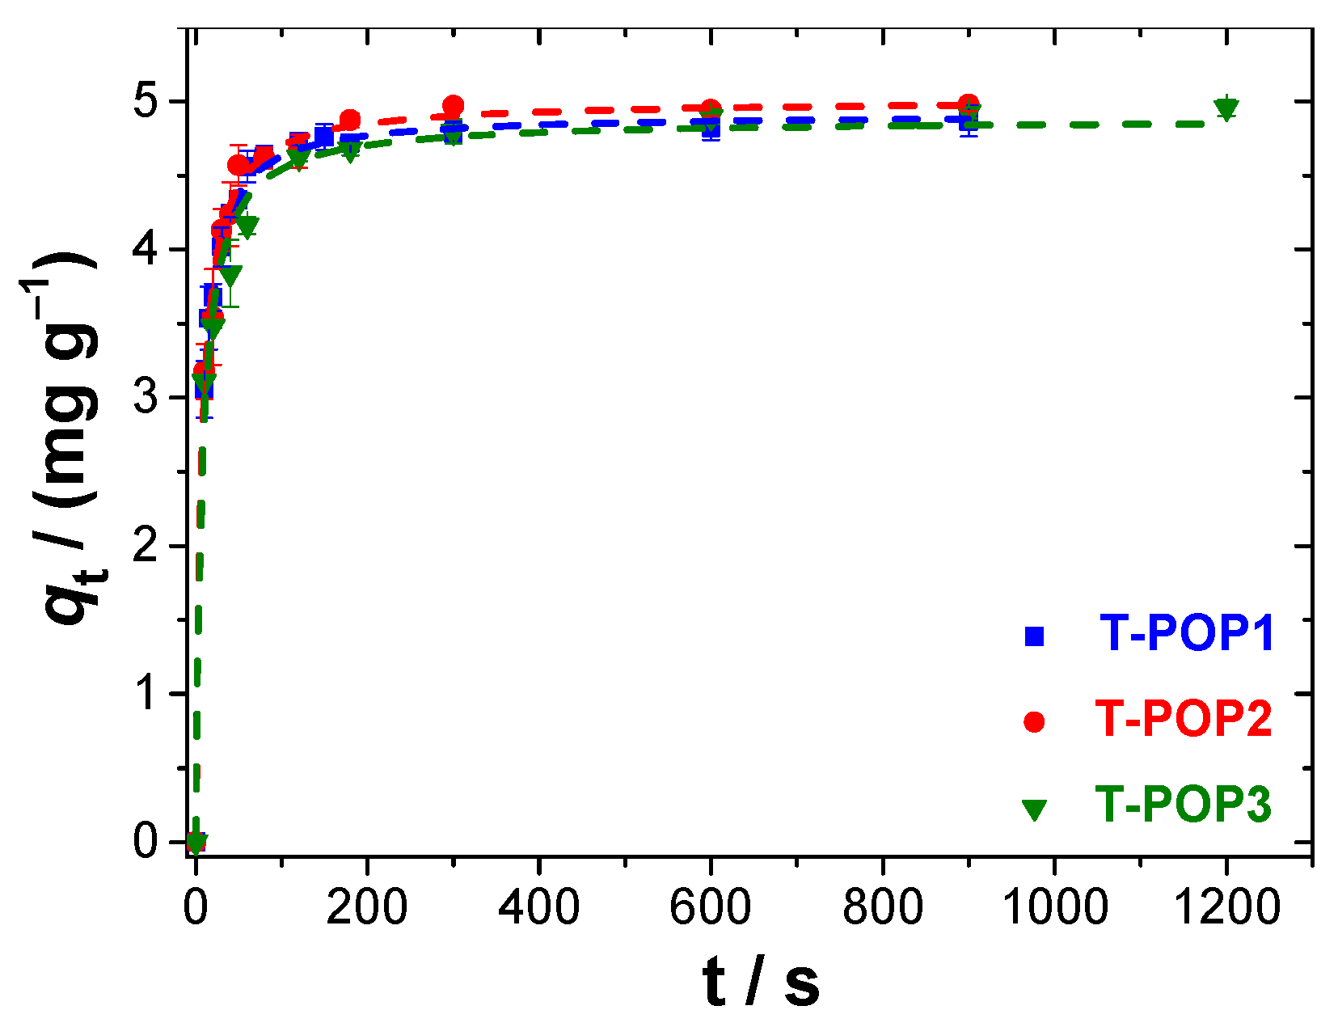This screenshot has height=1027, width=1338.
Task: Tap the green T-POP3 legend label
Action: click(1184, 805)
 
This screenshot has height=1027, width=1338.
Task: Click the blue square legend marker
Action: click(1034, 636)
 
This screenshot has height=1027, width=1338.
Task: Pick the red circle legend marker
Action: click(1034, 721)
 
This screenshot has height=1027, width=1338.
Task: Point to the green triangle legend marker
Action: click(1034, 809)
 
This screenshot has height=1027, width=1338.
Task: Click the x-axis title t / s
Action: click(761, 983)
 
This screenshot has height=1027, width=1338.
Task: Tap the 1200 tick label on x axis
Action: click(1226, 907)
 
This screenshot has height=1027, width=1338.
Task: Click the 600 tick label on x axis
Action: click(711, 907)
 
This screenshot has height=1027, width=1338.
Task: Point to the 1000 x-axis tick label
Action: click(1054, 907)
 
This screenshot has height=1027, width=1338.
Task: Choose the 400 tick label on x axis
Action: click(538, 907)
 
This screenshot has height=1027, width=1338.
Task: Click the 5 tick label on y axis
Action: click(146, 102)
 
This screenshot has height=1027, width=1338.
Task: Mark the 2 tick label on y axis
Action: click(146, 546)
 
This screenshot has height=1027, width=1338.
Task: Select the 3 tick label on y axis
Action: click(146, 398)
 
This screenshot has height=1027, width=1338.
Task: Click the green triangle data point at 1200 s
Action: click(1226, 108)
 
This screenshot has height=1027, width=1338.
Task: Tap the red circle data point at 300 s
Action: click(453, 106)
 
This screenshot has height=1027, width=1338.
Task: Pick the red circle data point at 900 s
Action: click(969, 104)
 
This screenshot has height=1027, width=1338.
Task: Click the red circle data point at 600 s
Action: click(711, 109)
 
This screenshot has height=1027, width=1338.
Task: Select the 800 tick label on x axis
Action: click(883, 907)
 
